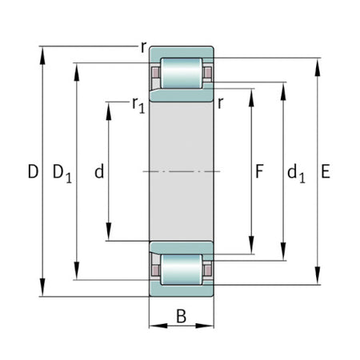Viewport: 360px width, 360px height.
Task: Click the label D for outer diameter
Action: coord(33,171)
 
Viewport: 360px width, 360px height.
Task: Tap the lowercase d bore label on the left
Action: coord(98,171)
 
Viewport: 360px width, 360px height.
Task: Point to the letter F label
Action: coord(258,171)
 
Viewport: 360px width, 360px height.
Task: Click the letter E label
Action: coord(324,171)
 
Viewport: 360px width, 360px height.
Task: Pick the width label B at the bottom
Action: coord(181,317)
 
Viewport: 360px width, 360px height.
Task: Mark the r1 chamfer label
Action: coord(138,105)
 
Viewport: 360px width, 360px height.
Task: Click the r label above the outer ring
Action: coord(143,46)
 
